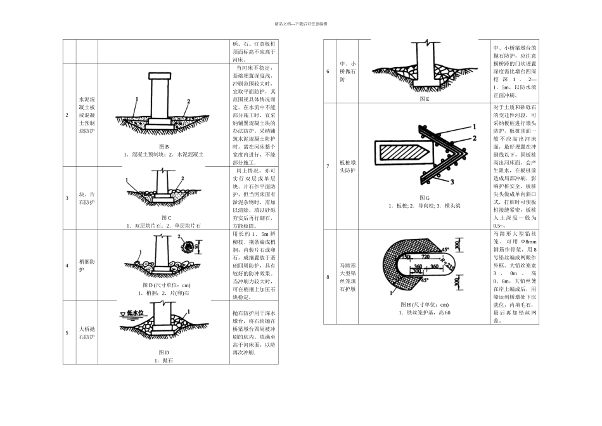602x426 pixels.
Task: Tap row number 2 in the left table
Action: tap(67, 115)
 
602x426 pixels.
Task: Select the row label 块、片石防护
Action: tap(87, 199)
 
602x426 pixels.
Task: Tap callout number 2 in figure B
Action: tap(189, 101)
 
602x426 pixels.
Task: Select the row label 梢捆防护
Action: tap(87, 265)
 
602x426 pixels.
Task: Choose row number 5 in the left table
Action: tap(67, 333)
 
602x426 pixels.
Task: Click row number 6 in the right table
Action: tap(328, 72)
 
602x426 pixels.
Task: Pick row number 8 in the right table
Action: tap(328, 277)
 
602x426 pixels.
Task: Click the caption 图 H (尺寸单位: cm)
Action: tap(424, 305)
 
